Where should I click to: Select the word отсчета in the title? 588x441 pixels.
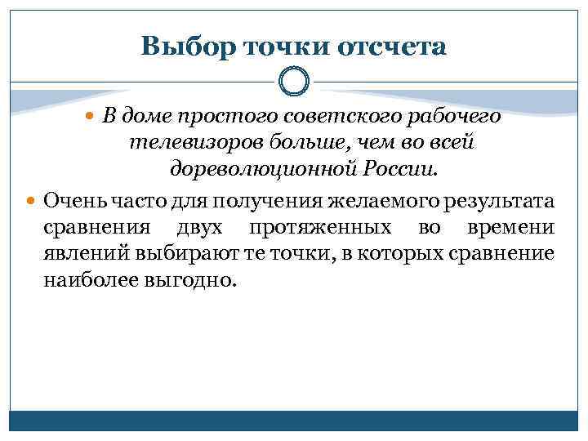(x=391, y=47)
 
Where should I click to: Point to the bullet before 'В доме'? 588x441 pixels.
(x=91, y=117)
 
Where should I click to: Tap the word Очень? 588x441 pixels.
(x=70, y=199)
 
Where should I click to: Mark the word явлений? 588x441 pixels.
(x=78, y=254)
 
